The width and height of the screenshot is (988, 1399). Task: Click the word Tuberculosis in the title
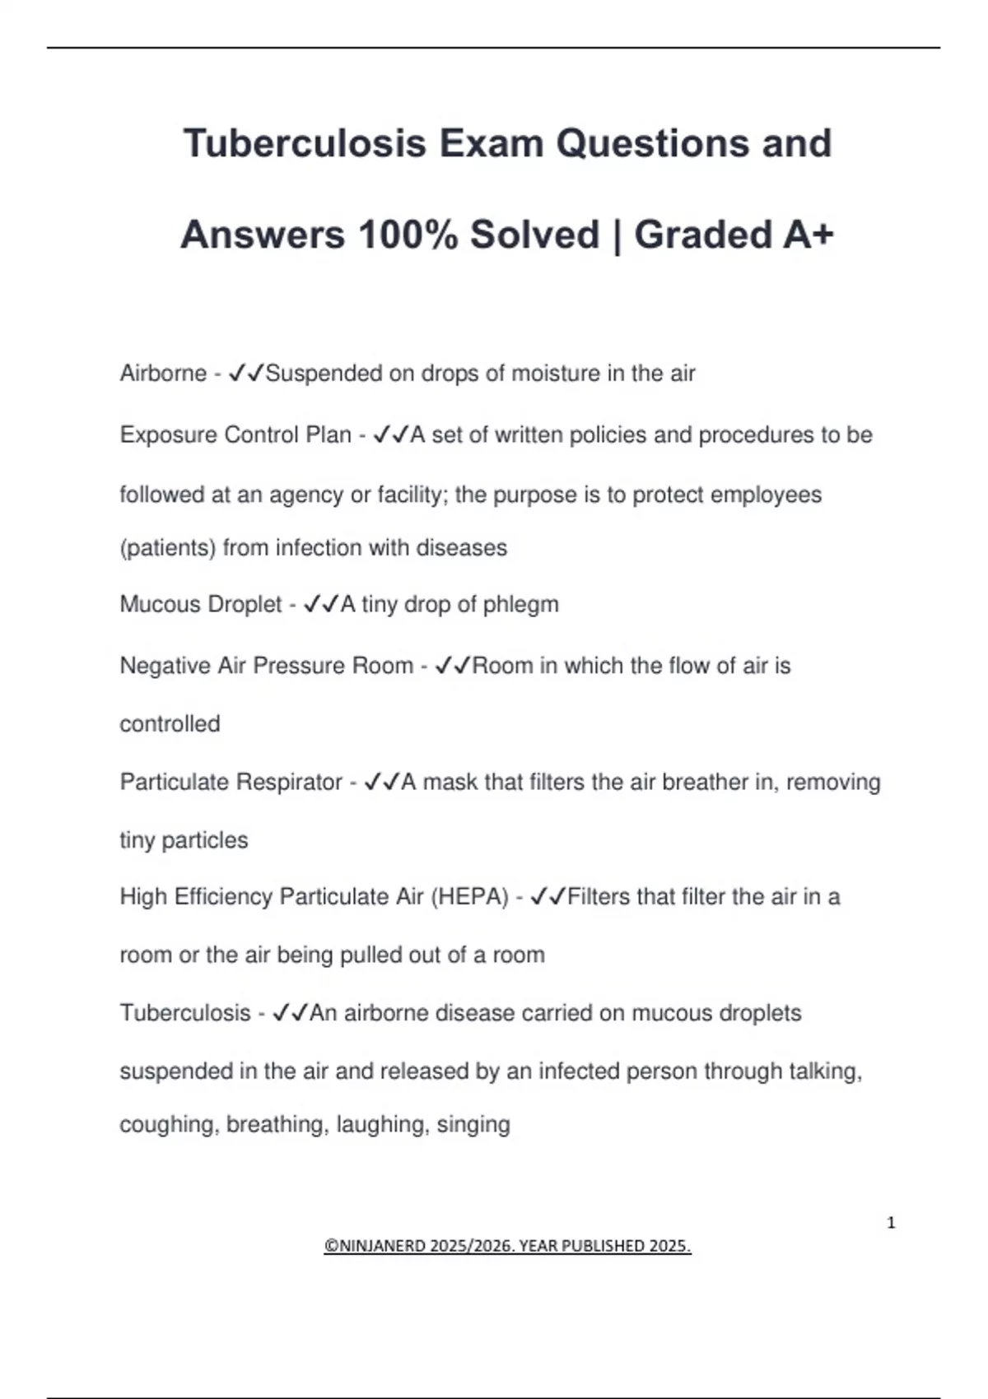click(x=305, y=143)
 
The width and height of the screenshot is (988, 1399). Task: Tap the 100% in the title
click(x=408, y=235)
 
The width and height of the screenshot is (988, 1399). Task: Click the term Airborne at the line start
click(x=163, y=374)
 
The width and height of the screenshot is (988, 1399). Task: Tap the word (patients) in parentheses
click(x=168, y=548)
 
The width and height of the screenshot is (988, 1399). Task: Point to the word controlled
click(x=170, y=724)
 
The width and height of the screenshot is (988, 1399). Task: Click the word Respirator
click(x=288, y=782)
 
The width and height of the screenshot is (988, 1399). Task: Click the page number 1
click(x=891, y=1223)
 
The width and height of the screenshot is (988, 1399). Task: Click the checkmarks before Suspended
click(x=246, y=374)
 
